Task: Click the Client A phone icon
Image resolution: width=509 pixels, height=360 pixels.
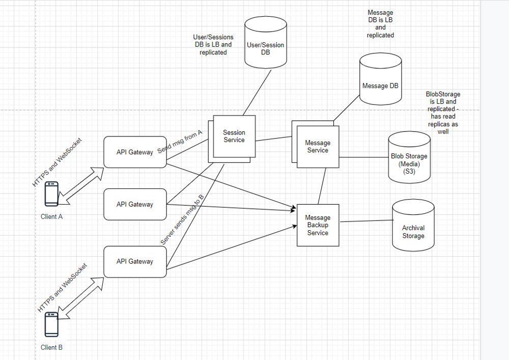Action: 51,194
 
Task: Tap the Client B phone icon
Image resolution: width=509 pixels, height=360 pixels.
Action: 51,324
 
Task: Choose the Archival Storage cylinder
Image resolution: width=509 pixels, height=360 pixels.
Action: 413,226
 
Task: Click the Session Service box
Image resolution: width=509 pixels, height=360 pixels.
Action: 234,136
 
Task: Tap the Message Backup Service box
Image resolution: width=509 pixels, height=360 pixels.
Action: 318,225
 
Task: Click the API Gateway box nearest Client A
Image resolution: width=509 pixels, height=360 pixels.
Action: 135,152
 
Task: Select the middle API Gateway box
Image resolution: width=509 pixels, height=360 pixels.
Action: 135,204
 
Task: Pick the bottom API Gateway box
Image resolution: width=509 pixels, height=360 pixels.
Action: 135,261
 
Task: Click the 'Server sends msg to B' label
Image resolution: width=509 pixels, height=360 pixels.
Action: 182,219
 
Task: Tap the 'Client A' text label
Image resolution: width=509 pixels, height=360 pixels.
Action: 51,216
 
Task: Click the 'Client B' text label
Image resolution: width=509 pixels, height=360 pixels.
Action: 51,347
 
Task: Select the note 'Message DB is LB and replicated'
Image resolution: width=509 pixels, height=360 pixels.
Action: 380,24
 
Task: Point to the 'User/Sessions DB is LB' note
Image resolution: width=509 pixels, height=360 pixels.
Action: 213,45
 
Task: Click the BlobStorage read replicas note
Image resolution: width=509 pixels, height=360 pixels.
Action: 442,113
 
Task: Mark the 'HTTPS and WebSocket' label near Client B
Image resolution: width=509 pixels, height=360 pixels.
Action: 63,288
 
